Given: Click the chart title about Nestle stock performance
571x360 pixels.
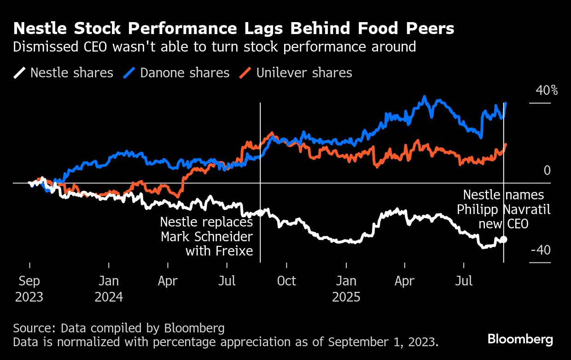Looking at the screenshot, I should coord(234,29).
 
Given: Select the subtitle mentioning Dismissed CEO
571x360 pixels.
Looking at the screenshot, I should coord(215,46).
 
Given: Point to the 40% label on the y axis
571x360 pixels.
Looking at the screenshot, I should coord(546,90).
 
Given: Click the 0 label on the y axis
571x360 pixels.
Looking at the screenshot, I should coord(547,171).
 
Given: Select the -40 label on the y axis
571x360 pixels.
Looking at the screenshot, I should coord(541,250).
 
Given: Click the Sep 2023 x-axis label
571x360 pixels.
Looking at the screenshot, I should coord(29,289).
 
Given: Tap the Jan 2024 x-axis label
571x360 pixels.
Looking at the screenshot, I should coord(109,289).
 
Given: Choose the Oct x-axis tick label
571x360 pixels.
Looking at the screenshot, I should coord(286,281).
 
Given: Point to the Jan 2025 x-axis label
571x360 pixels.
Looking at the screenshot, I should coord(346,289).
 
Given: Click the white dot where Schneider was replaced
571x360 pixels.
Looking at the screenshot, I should coord(260,213).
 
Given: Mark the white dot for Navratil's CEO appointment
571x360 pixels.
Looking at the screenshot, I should coord(504,239).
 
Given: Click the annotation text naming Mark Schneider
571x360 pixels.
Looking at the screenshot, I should coord(207,237).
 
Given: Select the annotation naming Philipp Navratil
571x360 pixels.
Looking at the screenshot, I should coord(504,209).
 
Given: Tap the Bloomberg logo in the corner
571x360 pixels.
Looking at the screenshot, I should coord(520,340).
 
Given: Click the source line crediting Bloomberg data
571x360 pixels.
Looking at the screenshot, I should coord(119,328).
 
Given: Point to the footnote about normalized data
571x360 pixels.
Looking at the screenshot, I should coord(226,342).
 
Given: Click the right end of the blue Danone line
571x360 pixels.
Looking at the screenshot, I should coord(506,103).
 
